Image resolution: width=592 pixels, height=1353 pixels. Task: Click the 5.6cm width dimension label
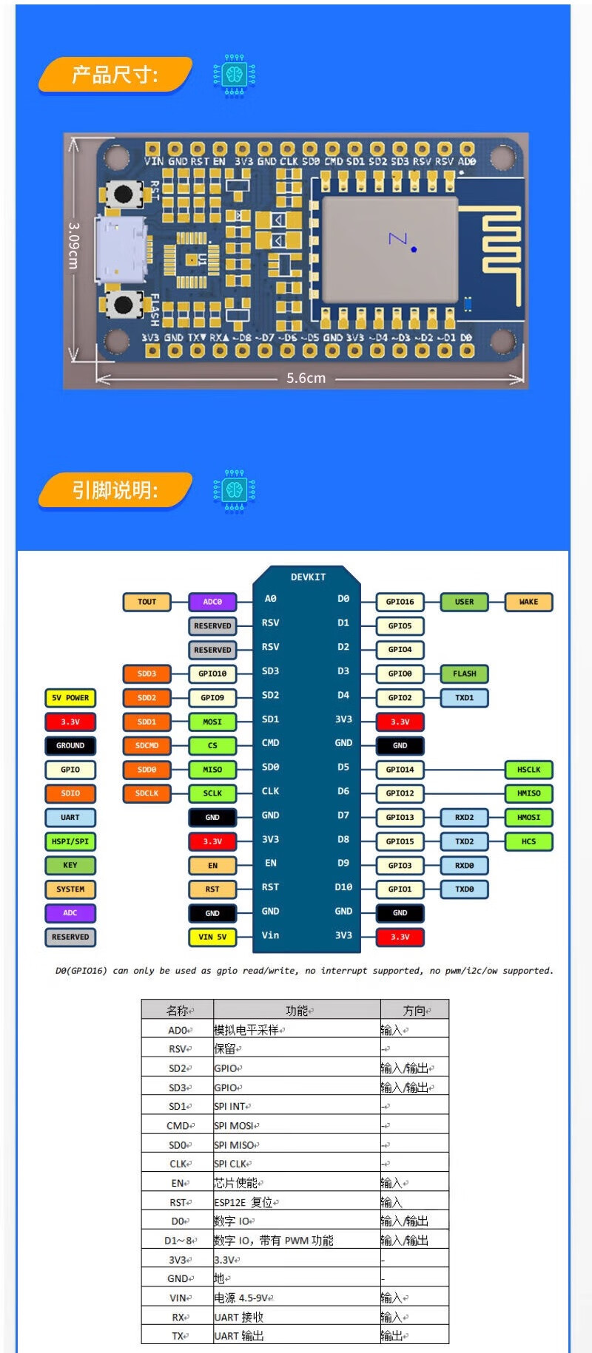point(306,378)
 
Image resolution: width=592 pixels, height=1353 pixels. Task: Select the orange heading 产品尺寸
point(115,75)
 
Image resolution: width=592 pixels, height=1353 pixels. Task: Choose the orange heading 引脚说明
point(115,490)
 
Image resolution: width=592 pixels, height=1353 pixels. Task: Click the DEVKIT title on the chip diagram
point(308,577)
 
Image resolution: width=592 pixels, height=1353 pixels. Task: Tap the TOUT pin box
point(147,602)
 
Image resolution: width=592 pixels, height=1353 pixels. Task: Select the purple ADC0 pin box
point(212,602)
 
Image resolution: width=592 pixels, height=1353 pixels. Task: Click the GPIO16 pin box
point(400,602)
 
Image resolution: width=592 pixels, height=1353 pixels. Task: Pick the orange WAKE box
point(528,602)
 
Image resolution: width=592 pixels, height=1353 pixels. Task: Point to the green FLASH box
point(464,674)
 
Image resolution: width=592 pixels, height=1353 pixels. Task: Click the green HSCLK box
point(528,770)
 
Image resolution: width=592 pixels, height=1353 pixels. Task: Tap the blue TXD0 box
point(464,889)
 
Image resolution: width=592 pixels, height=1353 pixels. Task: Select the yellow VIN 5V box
point(212,937)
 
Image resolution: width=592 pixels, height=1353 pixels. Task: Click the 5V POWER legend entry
point(70,697)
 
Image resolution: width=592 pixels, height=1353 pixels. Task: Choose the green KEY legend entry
point(70,865)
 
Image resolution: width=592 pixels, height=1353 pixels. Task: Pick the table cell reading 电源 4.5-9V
point(244,1298)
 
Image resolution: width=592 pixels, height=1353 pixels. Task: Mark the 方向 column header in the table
point(414,1010)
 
